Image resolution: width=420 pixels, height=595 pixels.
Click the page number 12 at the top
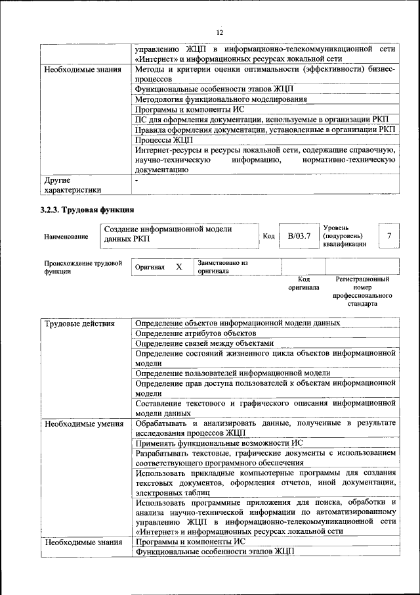tap(219, 32)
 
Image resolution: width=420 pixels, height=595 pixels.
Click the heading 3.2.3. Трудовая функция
tap(88, 210)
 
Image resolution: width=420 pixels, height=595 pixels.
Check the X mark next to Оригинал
tap(178, 267)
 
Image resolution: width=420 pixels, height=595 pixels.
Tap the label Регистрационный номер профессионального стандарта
tap(362, 292)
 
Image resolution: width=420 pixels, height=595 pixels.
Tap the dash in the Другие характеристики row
tap(136, 179)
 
